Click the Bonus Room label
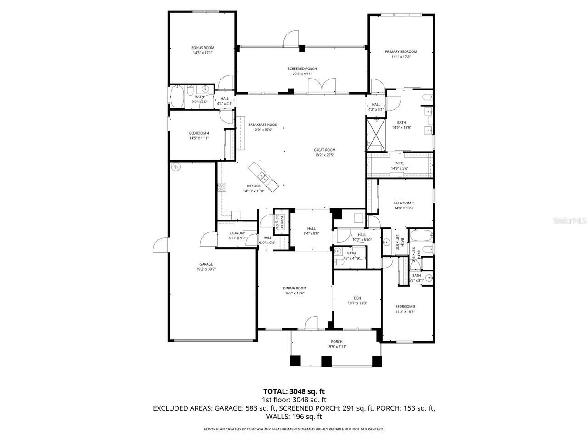coord(203,48)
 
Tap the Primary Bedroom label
coord(401,52)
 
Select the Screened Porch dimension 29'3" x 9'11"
coord(302,74)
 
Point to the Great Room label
coord(324,150)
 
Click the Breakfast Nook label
coord(262,124)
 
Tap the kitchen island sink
coord(263,176)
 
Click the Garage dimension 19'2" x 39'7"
coord(206,269)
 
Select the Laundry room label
coord(237,233)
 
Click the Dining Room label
coord(294,288)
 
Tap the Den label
coord(357,297)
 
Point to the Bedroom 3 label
coord(405,306)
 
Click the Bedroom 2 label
coord(404,203)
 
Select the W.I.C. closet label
coord(399,163)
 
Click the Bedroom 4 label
coord(199,133)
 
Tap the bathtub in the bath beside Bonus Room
coord(177,97)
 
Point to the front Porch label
coord(337,341)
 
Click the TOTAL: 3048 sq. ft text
coord(294,391)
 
